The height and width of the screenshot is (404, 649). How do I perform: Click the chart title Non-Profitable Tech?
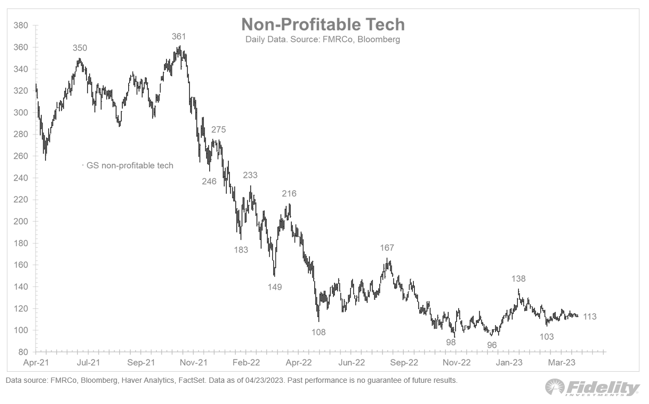(x=323, y=24)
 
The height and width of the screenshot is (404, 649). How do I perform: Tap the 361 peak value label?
(x=179, y=37)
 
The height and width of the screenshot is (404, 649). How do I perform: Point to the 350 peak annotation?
(x=80, y=48)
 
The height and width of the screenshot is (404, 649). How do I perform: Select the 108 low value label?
(x=318, y=333)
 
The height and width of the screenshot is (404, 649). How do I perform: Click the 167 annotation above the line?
(x=387, y=248)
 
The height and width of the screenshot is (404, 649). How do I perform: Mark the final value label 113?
(x=590, y=317)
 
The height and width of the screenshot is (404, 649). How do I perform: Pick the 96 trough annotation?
(x=492, y=345)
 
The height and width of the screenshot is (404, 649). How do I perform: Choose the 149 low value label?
(x=274, y=287)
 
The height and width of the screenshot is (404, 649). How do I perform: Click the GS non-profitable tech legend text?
(x=130, y=166)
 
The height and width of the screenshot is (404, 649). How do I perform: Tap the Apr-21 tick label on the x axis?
(x=35, y=363)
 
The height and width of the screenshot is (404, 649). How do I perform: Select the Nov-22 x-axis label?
(x=457, y=363)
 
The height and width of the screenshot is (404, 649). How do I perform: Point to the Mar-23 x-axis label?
(x=562, y=363)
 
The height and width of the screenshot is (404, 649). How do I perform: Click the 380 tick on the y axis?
(x=21, y=25)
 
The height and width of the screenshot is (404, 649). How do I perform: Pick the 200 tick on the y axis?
(x=21, y=221)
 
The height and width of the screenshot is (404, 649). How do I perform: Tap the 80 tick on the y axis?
(x=23, y=352)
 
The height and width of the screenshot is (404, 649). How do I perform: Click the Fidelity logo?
(x=592, y=388)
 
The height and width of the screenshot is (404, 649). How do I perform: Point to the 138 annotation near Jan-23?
(x=519, y=279)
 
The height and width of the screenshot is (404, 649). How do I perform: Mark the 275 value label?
(x=218, y=130)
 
